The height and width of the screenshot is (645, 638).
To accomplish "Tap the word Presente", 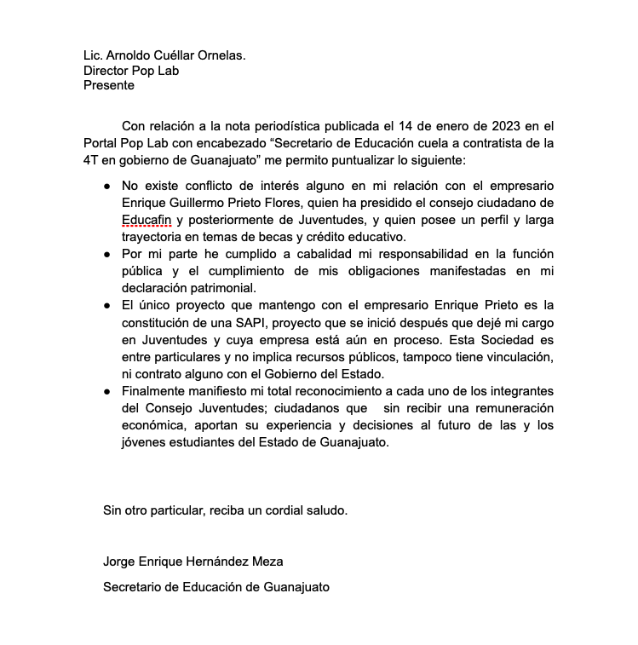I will tap(108, 85).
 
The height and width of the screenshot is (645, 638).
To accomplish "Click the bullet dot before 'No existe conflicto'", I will tap(106, 186).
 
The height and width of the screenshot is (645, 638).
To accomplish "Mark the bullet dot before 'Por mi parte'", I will tap(106, 254).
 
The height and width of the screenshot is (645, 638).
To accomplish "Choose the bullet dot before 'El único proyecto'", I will tap(106, 304).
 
